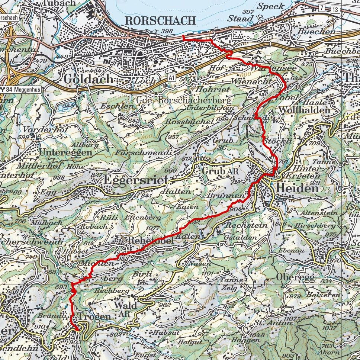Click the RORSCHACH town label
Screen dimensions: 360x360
point(160,20)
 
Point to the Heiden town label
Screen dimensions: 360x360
point(297,188)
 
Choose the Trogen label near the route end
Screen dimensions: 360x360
point(94,316)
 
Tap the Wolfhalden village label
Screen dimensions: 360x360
point(304,110)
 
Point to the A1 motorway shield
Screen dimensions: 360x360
point(171,77)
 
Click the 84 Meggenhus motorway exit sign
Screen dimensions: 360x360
point(21,89)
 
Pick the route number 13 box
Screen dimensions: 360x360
point(335,9)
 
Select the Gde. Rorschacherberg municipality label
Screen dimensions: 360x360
point(183,100)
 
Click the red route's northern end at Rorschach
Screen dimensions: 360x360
point(183,36)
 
